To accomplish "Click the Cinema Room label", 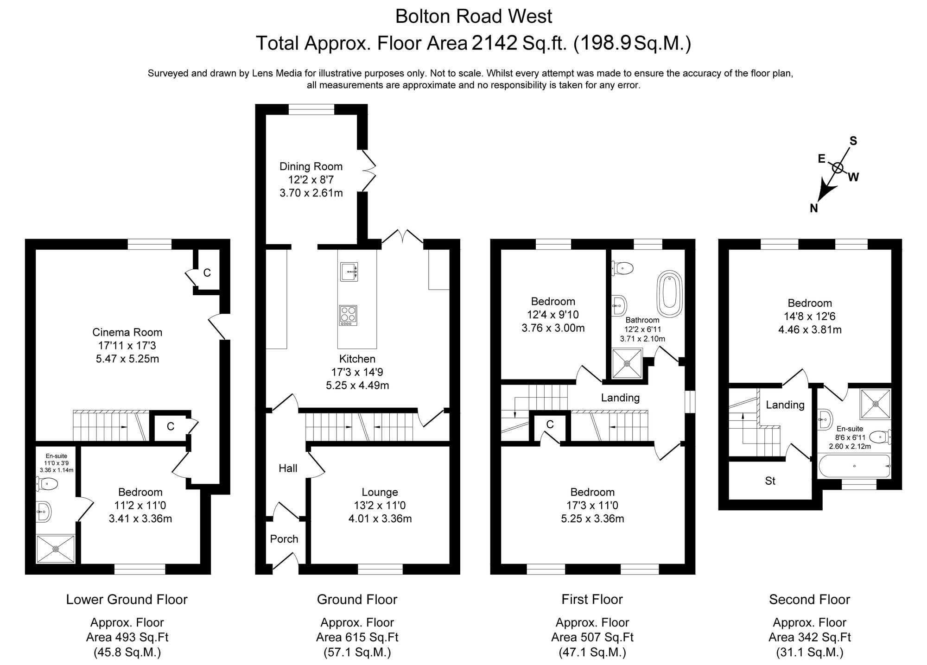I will tap(127, 332).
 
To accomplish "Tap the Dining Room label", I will tap(311, 166).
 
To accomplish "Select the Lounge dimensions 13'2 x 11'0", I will tap(380, 506).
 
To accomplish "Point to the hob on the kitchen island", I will tap(348, 315).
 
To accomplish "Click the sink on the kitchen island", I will tap(349, 272).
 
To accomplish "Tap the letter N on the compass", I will tap(813, 209).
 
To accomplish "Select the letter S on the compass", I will tap(853, 141).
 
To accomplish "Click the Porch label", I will tap(284, 539).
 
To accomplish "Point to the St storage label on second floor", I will tap(770, 481).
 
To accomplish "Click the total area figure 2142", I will tap(494, 43).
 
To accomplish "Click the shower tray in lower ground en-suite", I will tap(56, 549).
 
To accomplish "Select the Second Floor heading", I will tap(809, 600).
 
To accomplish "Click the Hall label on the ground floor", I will tap(288, 469).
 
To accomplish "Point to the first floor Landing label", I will tap(620, 398).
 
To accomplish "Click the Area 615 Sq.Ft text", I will tap(357, 637).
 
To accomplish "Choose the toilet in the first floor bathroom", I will tap(623, 267).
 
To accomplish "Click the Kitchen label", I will tap(357, 359).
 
